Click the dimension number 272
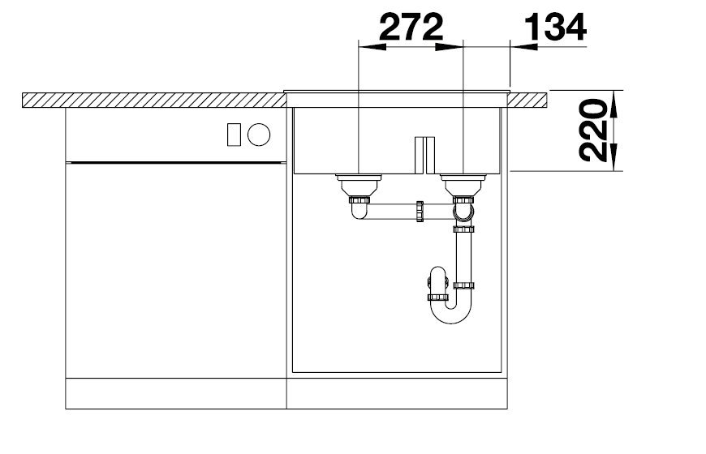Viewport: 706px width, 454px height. pyautogui.click(x=411, y=27)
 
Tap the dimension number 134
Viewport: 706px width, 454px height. pyautogui.click(x=555, y=27)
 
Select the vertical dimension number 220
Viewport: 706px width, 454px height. pyautogui.click(x=592, y=131)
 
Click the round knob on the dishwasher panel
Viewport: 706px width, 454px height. pyautogui.click(x=259, y=134)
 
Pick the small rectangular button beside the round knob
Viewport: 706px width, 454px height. pyautogui.click(x=234, y=134)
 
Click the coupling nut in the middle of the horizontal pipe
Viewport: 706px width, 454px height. pyautogui.click(x=420, y=212)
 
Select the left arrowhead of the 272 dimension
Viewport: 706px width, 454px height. pyautogui.click(x=372, y=46)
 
